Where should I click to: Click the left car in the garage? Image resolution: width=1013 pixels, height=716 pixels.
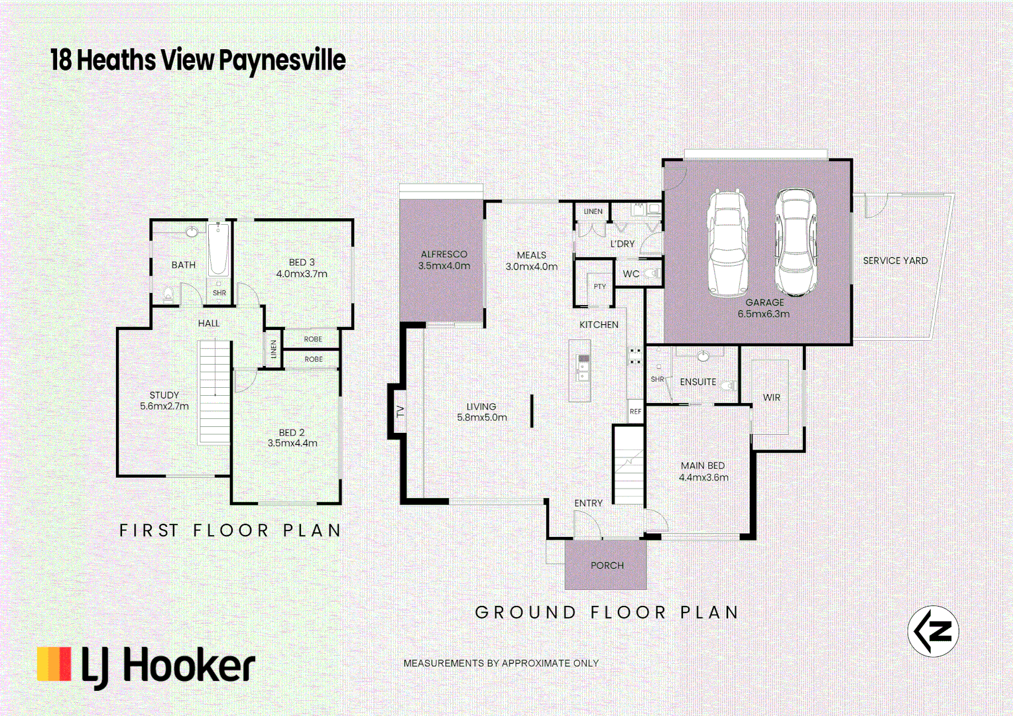[728, 243]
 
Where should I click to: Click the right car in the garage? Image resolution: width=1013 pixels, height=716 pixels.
[796, 242]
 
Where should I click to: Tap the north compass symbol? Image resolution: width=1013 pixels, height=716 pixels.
[933, 631]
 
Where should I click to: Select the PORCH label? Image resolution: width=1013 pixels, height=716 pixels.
[607, 566]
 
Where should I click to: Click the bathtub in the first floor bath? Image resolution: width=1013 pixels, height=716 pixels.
[218, 250]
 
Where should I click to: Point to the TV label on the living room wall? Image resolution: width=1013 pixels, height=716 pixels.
[400, 411]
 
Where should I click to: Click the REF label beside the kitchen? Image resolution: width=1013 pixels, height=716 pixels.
[635, 412]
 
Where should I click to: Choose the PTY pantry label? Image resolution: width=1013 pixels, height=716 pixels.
[599, 286]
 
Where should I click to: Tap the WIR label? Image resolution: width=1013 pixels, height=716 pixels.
[771, 398]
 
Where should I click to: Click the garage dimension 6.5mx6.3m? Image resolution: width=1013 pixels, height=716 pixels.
[764, 314]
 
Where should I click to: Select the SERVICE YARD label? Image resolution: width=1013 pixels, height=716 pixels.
[895, 261]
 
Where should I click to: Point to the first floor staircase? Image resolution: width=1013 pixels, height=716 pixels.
[214, 391]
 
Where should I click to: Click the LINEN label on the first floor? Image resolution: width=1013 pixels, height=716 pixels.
[273, 349]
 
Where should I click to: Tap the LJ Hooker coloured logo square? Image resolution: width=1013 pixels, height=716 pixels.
[54, 664]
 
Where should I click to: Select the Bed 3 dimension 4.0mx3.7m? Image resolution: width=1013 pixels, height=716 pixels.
[302, 274]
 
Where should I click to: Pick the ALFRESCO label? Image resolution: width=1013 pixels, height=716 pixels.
[444, 254]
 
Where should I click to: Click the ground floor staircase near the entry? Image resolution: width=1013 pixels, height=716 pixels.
[628, 465]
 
